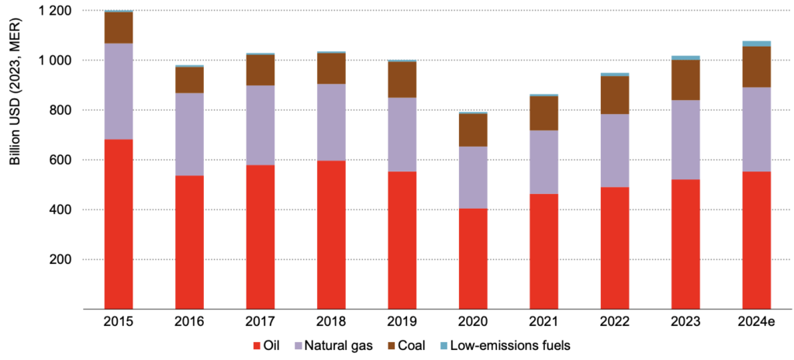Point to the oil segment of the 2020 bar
[473, 258]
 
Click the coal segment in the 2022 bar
[614, 95]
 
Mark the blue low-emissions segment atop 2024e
[756, 43]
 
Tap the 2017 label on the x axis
[260, 320]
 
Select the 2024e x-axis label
[756, 320]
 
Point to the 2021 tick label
[544, 320]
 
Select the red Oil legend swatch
[257, 344]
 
